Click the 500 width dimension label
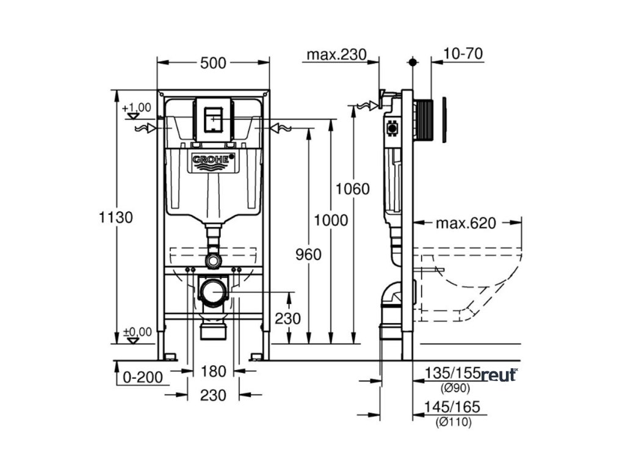213,62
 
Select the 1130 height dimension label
116,217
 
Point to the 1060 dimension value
353,189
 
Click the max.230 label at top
336,54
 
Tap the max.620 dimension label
466,223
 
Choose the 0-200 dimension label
143,377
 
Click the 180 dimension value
213,371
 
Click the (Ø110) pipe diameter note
453,421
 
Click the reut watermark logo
499,375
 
